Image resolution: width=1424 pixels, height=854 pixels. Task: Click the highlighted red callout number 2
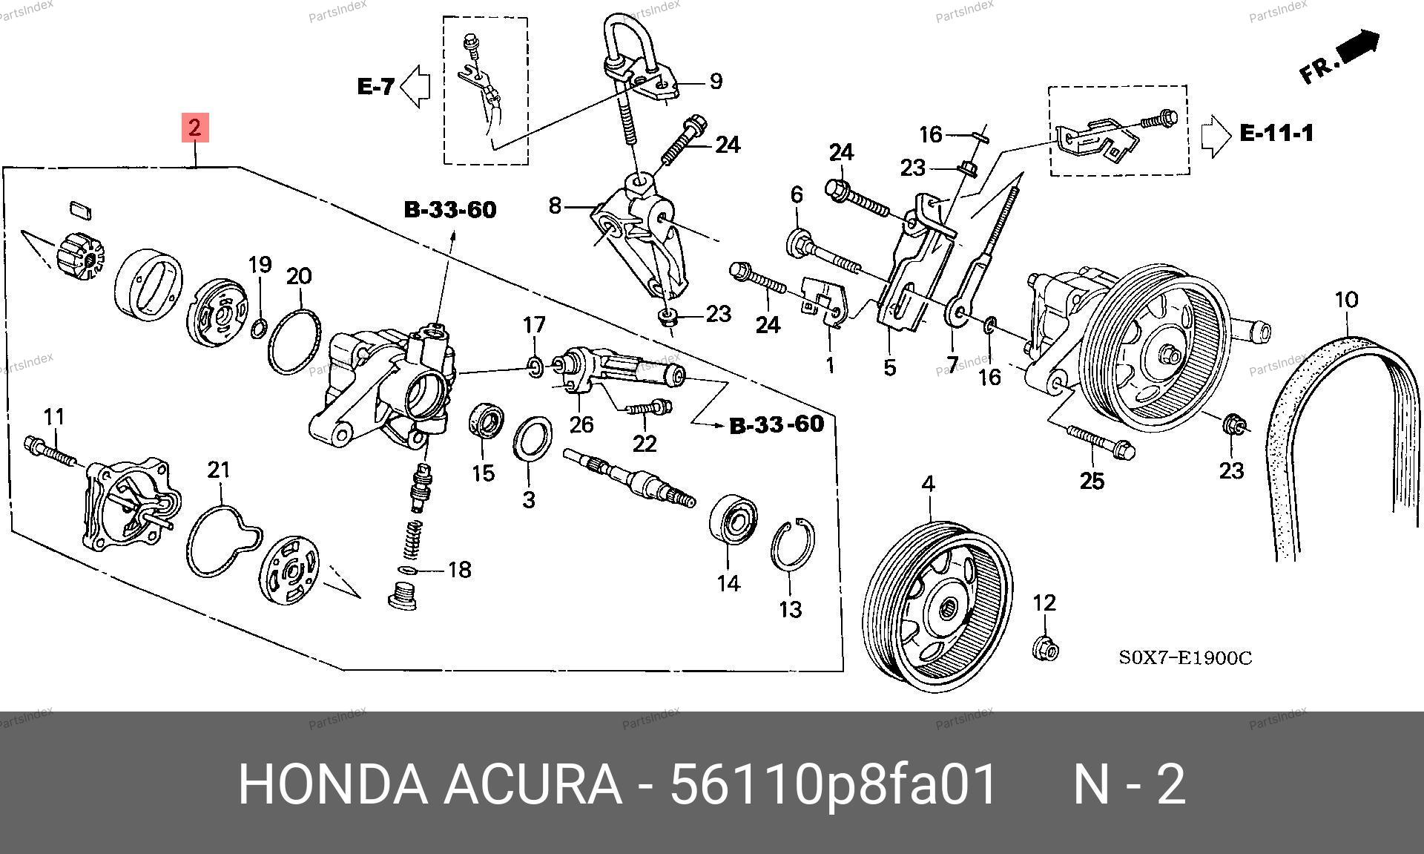(x=194, y=128)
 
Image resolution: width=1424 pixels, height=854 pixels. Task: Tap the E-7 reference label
(x=376, y=87)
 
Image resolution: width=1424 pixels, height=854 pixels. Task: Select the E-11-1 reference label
(x=1276, y=133)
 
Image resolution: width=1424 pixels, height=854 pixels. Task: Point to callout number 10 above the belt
(x=1346, y=300)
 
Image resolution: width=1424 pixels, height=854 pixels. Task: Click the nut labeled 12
(x=1045, y=648)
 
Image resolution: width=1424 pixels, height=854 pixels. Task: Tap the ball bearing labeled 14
(x=734, y=524)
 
